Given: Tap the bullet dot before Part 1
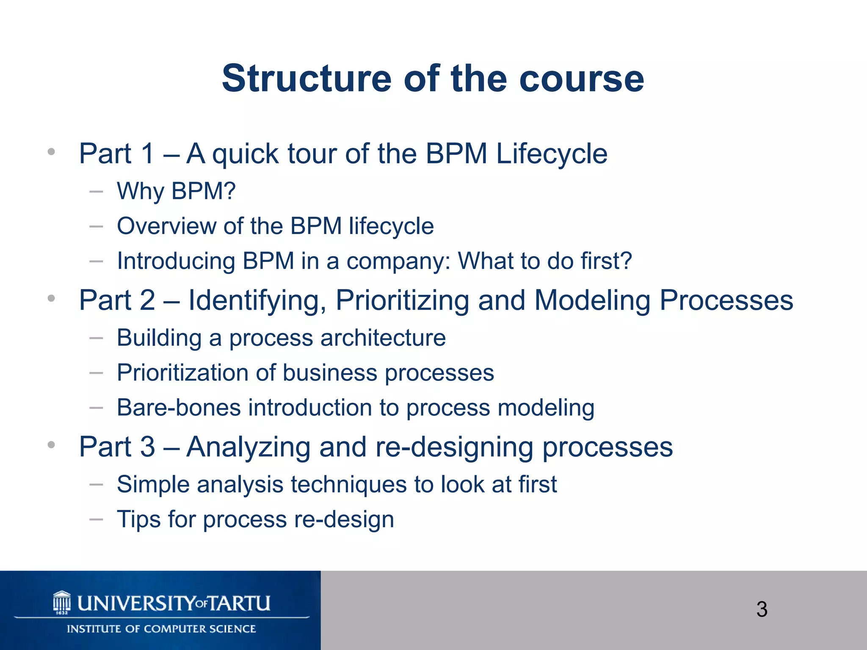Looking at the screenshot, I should coord(51,152).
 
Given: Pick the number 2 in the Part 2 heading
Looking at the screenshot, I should coord(147,300).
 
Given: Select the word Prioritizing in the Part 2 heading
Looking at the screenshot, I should coord(402,300).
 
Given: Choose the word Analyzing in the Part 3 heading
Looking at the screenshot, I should coord(249,447).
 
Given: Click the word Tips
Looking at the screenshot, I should coord(138,519).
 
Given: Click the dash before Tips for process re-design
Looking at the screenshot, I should coord(97,519).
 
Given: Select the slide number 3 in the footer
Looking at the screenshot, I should coord(762,609).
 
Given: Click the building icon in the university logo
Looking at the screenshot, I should coord(62,602).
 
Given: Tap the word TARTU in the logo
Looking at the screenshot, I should coord(240,603).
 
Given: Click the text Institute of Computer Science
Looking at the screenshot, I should coord(161,629).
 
